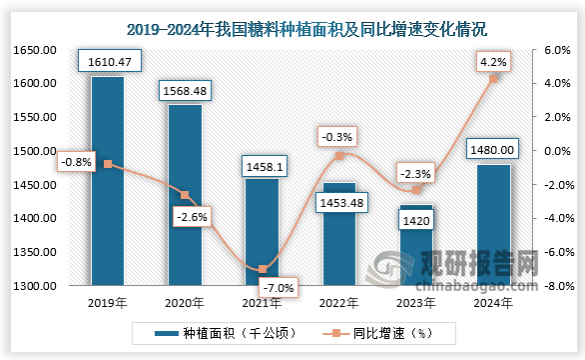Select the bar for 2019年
tap(107, 180)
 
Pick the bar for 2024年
tap(494, 225)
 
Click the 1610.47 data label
tap(107, 63)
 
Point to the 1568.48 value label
tap(184, 91)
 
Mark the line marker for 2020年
tap(185, 195)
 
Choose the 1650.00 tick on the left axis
tap(33, 49)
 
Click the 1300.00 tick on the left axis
tap(33, 286)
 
